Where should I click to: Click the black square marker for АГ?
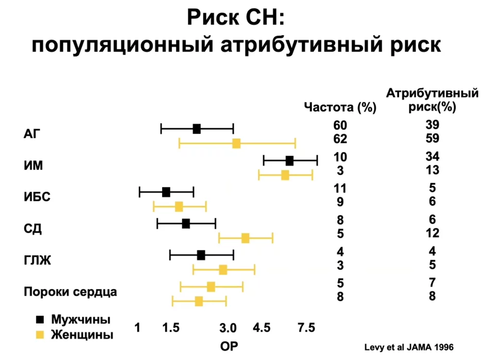[196, 129]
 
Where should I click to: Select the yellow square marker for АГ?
[236, 143]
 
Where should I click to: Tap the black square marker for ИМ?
[289, 161]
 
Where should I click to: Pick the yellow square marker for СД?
[246, 237]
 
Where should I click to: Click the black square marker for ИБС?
[166, 192]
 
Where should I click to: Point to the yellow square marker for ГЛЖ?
[223, 269]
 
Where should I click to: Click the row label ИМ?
[33, 166]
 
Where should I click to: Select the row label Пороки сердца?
[71, 292]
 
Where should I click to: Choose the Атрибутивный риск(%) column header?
[432, 100]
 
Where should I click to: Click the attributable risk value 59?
[432, 139]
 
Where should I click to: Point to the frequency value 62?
[340, 139]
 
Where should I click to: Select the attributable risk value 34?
[432, 156]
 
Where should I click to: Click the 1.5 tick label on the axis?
[171, 328]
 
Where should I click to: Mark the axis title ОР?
[229, 346]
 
